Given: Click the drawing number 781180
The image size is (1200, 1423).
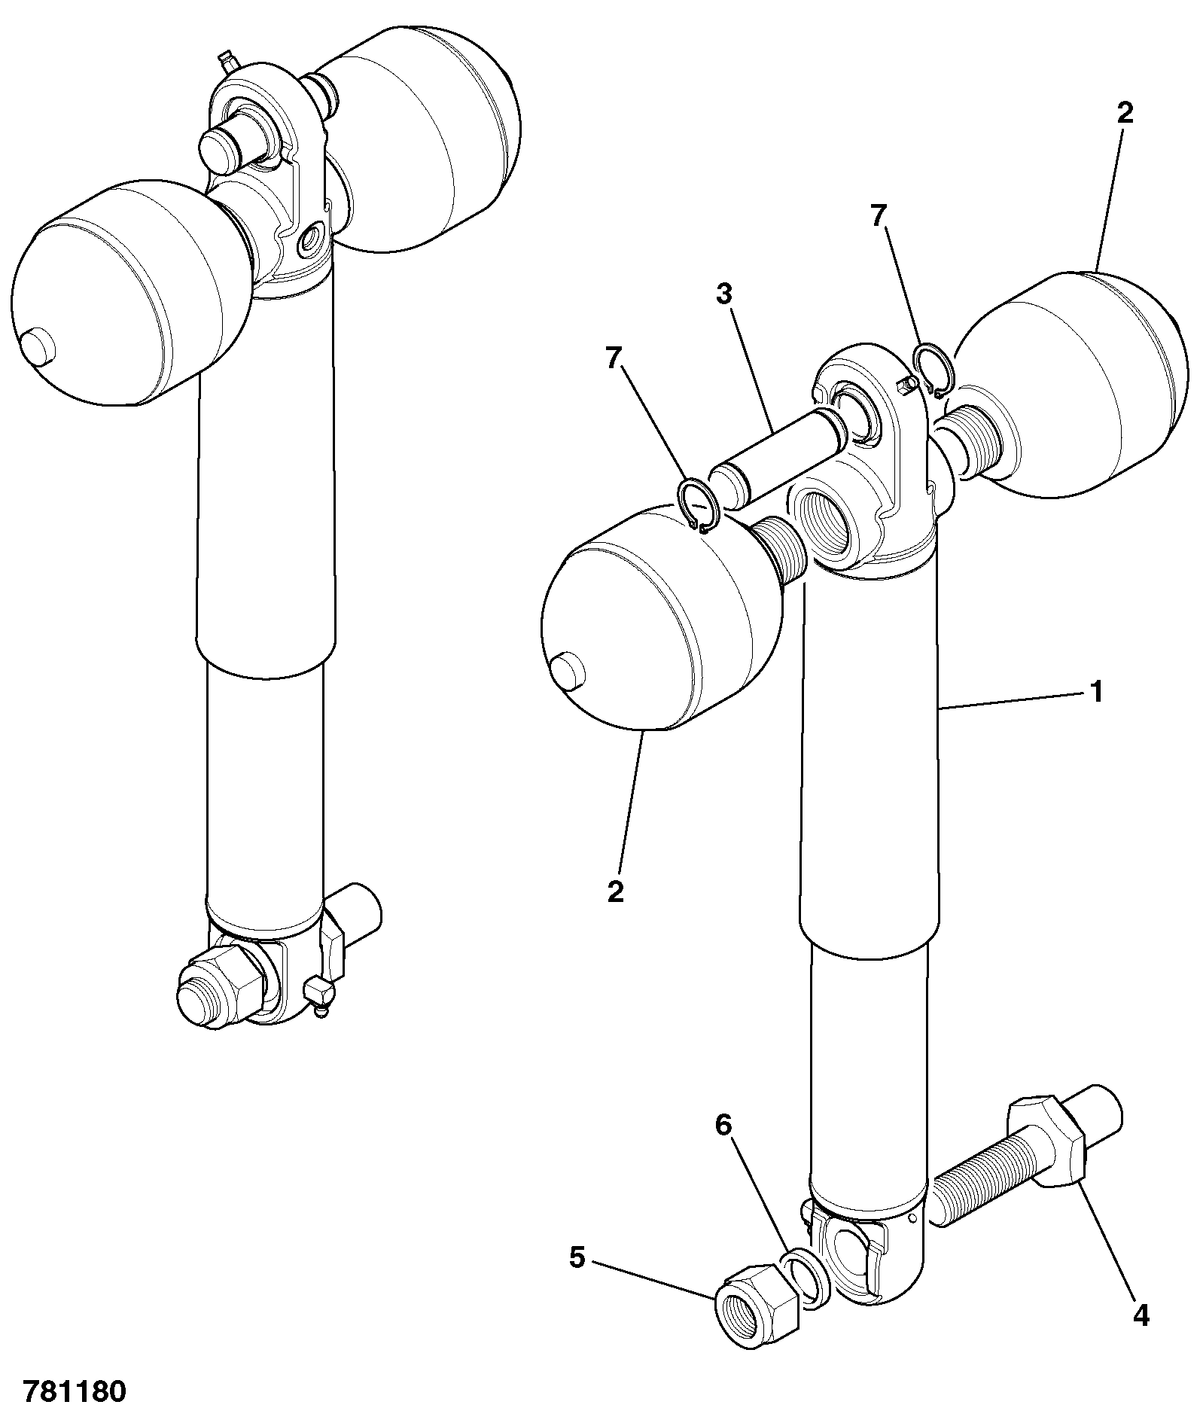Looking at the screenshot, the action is click(74, 1391).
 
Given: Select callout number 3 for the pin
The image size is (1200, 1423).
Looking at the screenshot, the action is click(723, 294).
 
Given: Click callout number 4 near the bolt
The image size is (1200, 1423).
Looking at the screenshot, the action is click(1141, 1315).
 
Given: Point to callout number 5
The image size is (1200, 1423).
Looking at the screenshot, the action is click(577, 1257).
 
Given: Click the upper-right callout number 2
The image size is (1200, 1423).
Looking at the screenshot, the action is click(1124, 114).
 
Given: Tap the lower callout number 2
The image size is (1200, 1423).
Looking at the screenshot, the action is click(616, 891).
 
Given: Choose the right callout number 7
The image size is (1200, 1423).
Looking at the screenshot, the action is click(878, 216).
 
